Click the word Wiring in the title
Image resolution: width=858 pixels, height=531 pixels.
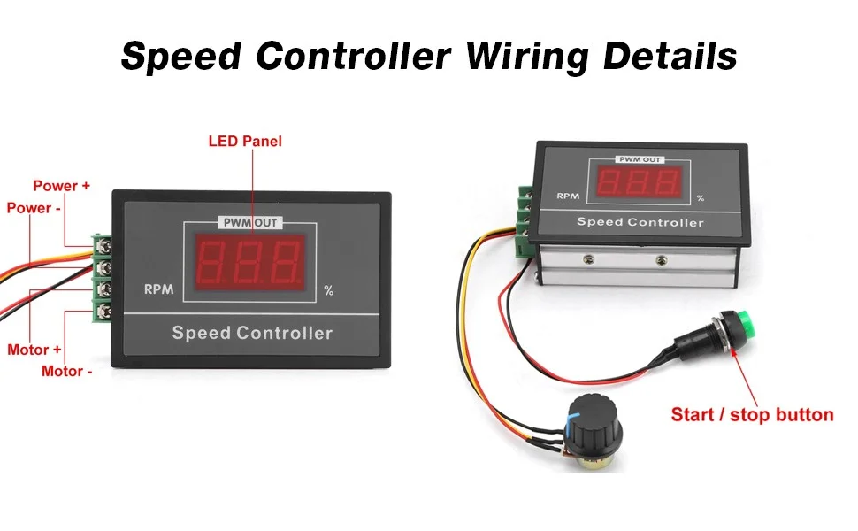527,57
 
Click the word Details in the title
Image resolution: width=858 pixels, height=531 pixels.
670,55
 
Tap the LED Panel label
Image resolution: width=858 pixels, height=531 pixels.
245,142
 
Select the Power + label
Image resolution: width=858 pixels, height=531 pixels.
61,186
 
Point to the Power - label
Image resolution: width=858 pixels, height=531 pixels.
34,208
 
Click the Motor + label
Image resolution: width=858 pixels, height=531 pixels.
34,350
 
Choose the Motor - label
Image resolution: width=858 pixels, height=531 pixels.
66,371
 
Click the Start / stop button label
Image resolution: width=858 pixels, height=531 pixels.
753,414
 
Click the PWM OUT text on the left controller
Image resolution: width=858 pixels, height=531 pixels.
250,223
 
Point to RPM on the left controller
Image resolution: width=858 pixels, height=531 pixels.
158,289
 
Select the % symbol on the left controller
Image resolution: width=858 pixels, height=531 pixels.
328,290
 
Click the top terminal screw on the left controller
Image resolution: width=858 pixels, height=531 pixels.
103,247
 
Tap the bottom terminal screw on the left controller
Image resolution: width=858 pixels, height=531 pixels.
103,311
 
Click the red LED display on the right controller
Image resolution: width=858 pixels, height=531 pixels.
639,182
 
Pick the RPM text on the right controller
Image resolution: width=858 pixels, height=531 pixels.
568,196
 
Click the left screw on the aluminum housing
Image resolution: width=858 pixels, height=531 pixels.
589,258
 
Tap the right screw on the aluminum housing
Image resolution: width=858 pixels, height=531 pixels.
661,259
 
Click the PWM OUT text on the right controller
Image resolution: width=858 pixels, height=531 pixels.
640,160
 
